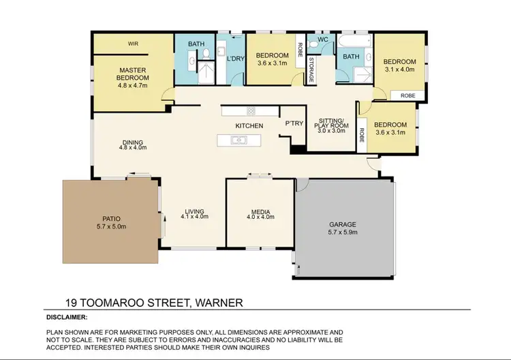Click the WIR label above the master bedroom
point(134,44)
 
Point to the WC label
point(322,40)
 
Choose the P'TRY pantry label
point(294,123)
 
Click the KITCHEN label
point(249,126)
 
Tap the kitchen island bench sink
point(238,140)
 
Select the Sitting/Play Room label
point(331,125)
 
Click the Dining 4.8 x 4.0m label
point(133,145)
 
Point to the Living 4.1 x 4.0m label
point(194,213)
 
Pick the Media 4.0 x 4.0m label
point(260,214)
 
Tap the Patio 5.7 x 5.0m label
point(110,222)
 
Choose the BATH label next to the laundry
point(196,44)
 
